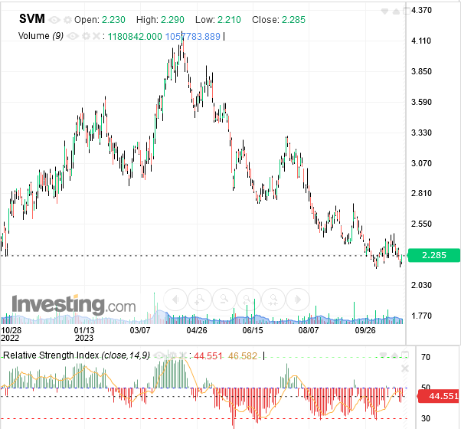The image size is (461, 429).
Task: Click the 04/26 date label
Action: [x=197, y=331]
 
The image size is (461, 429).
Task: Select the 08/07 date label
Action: [x=308, y=331]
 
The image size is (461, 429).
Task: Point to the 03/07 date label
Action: [x=141, y=331]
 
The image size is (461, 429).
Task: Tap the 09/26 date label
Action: [x=366, y=331]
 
